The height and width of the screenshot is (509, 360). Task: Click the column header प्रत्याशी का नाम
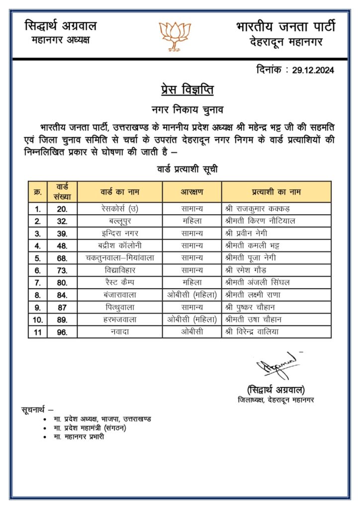276,191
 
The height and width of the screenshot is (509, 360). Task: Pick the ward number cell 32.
62,221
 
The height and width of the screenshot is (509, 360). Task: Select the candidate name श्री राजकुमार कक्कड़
257,209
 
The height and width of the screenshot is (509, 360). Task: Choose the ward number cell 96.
62,332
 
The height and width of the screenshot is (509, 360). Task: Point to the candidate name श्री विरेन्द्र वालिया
260,332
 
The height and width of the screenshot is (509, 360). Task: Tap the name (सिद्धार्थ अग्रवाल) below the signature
276,389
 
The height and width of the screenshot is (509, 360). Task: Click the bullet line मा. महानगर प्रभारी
79,437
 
